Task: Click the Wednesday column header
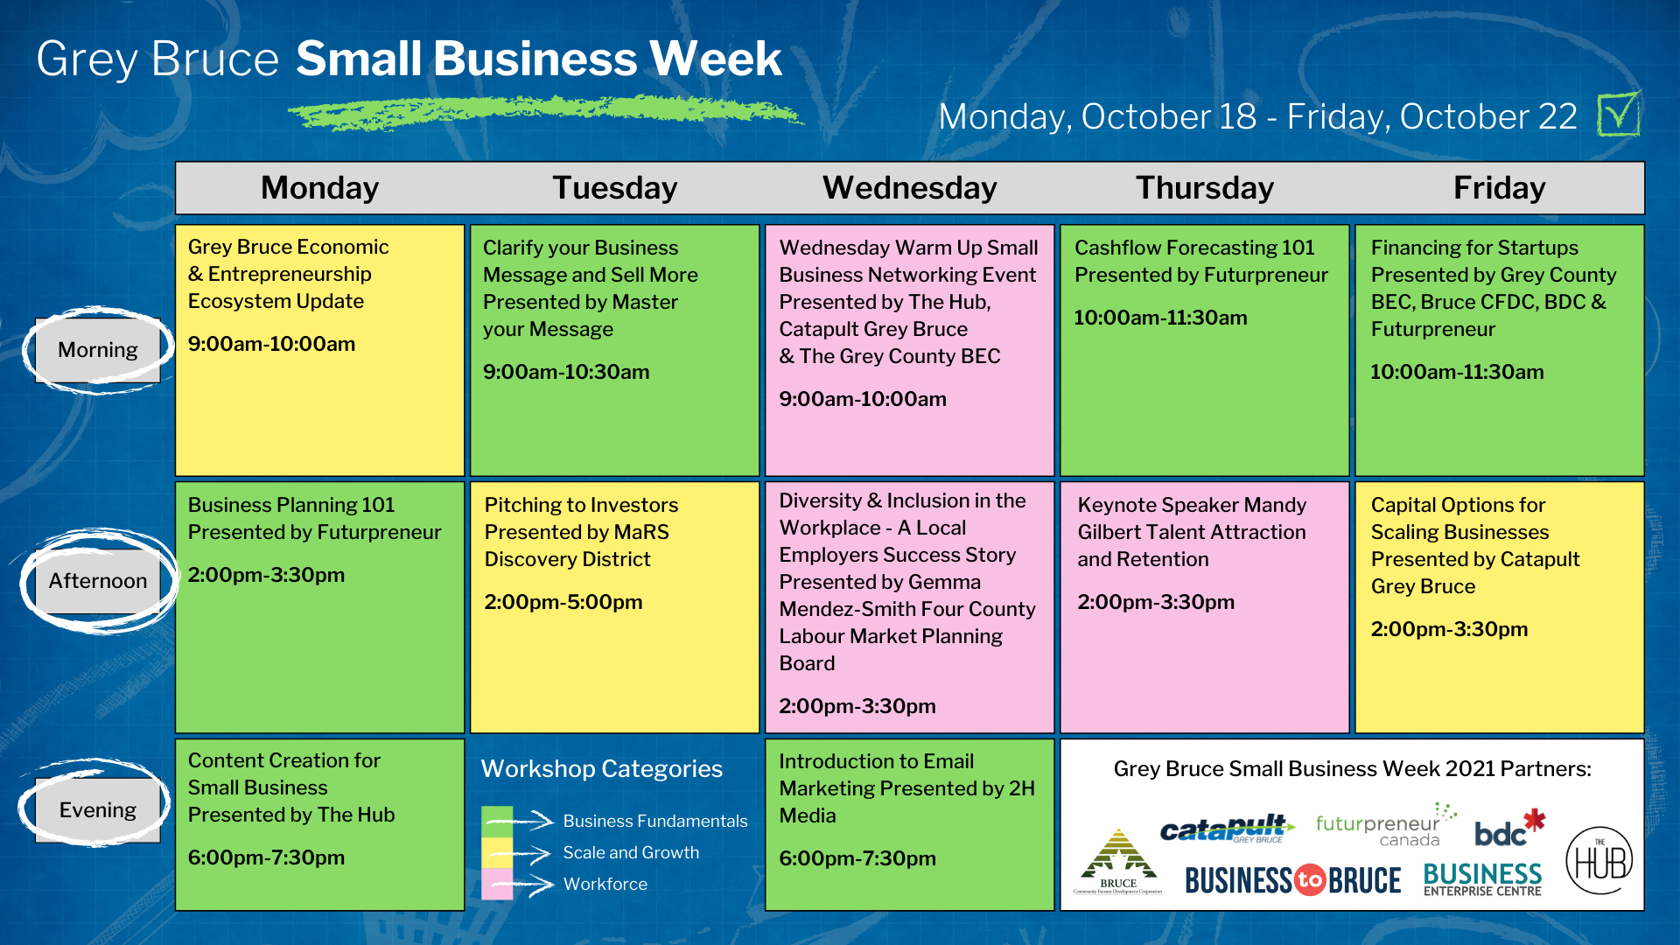(x=909, y=188)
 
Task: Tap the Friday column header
(x=1499, y=188)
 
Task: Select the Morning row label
(x=98, y=350)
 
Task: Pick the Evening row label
(x=98, y=810)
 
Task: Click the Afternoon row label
(x=98, y=581)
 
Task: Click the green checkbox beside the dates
(x=1619, y=115)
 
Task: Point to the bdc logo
(x=1509, y=828)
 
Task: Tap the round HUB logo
(x=1599, y=860)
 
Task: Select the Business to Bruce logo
(x=1293, y=880)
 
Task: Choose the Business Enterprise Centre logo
(x=1482, y=879)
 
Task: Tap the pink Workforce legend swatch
(x=497, y=884)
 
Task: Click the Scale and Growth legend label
(x=631, y=852)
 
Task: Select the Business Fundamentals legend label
(x=655, y=821)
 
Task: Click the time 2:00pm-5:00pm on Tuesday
(x=563, y=602)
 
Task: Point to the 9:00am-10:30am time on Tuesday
(x=566, y=372)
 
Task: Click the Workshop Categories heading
(x=602, y=768)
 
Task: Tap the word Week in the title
(x=715, y=59)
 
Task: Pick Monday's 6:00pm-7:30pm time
(x=266, y=857)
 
